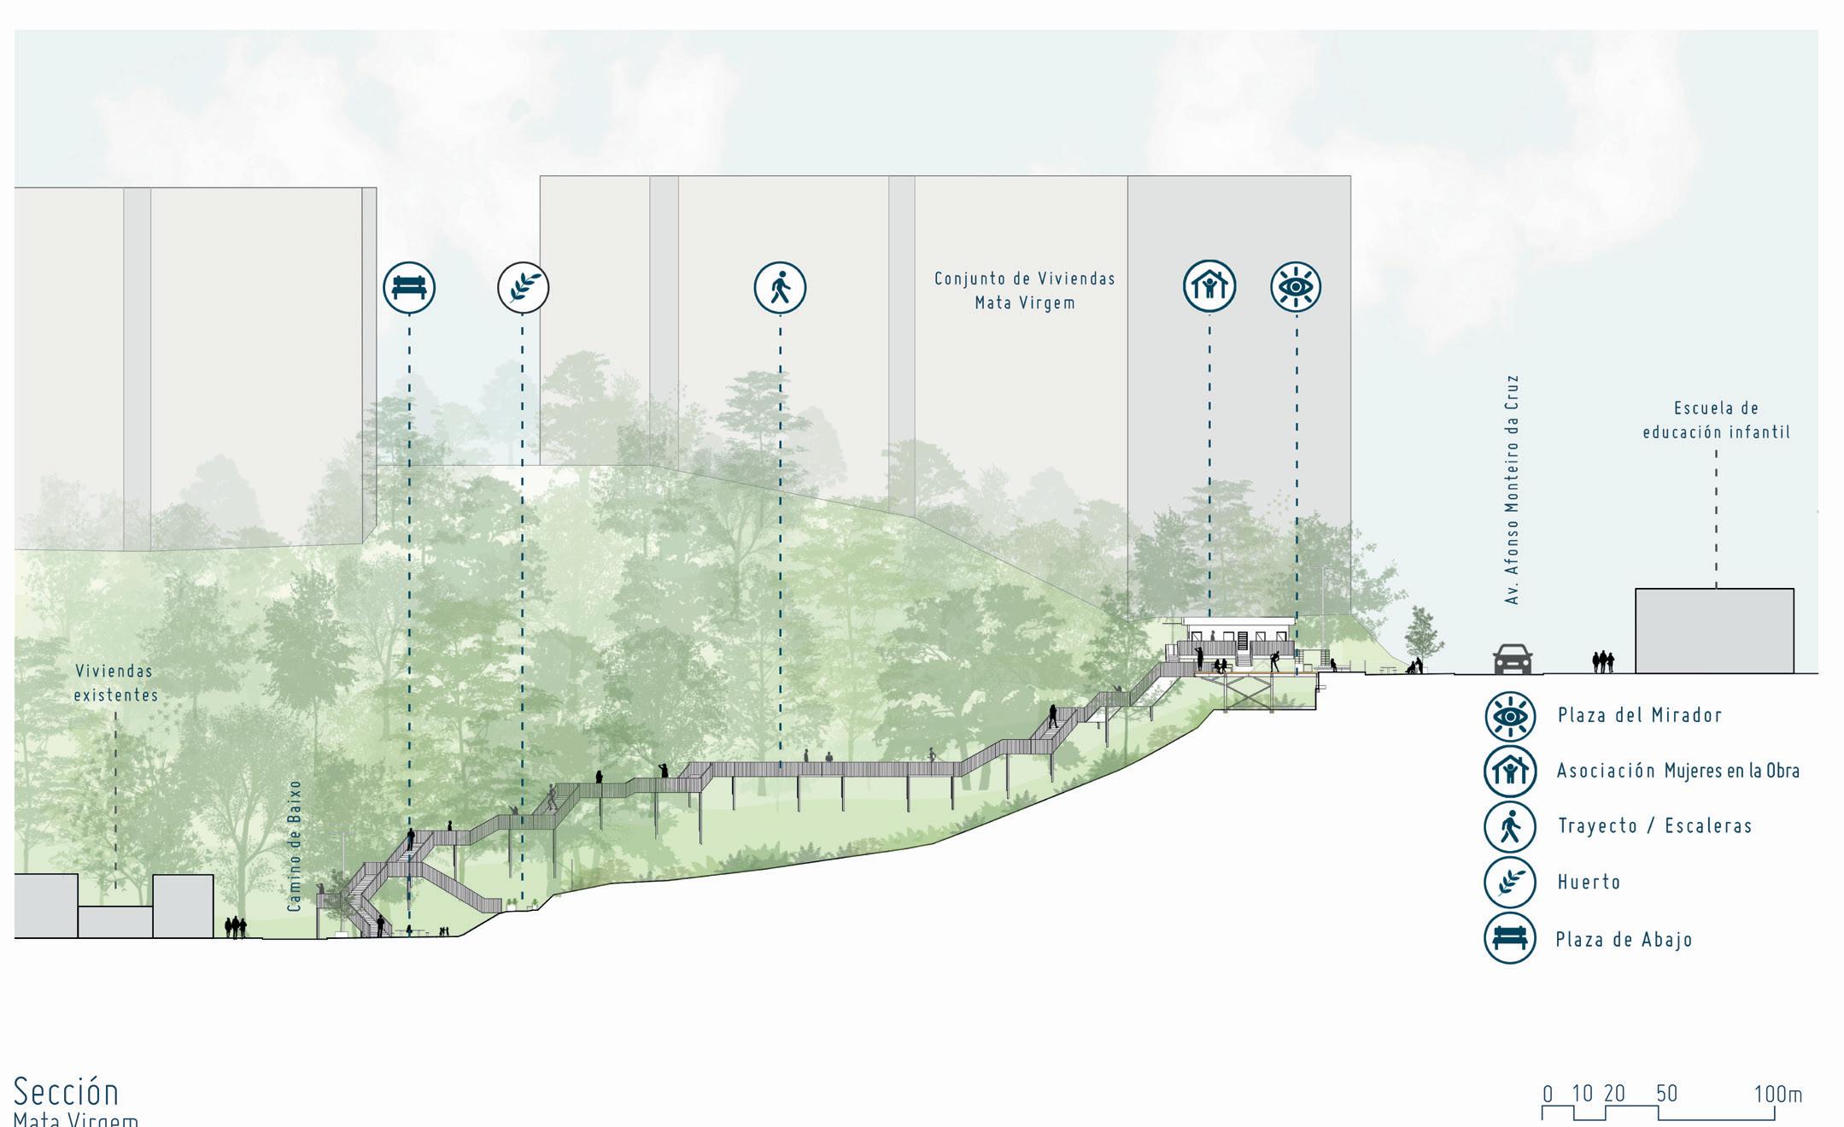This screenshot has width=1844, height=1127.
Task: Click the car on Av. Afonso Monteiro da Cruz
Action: point(1512,659)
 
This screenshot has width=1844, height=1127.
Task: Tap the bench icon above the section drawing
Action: point(409,287)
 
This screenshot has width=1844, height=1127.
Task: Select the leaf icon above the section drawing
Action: point(523,287)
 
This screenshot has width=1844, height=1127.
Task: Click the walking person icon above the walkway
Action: point(780,287)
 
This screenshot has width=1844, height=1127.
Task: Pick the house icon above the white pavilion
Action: point(1209,286)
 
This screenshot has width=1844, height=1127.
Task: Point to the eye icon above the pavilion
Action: point(1296,286)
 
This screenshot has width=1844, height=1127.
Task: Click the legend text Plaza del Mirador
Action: point(1639,715)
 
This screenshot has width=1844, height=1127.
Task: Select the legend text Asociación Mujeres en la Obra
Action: point(1677,771)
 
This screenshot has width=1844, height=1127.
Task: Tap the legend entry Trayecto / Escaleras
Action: point(1654,826)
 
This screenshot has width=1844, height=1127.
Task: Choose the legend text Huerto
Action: point(1589,882)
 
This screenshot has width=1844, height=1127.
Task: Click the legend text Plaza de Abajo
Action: point(1624,940)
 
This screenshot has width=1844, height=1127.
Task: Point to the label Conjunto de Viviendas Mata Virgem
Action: point(1025,291)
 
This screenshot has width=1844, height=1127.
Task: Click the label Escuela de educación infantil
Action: point(1716,420)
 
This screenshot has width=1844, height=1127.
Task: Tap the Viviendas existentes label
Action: point(116,683)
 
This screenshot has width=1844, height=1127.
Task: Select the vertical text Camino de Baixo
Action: point(296,845)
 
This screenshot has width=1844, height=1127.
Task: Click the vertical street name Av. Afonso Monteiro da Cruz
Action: point(1513,490)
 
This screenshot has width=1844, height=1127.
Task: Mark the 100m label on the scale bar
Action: point(1777,1094)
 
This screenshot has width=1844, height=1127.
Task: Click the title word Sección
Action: point(67,1092)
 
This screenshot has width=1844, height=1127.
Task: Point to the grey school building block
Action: point(1714,631)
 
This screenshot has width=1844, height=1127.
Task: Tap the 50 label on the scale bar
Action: point(1666,1094)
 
